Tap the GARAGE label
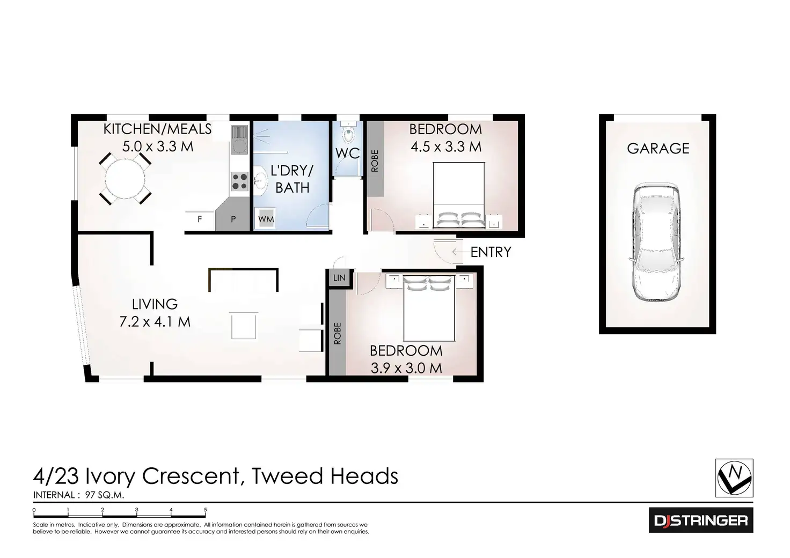click(658, 149)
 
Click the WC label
click(347, 153)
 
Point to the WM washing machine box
click(266, 219)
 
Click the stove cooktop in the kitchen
click(239, 181)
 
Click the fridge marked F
click(200, 219)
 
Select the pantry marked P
click(233, 219)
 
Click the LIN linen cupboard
click(339, 278)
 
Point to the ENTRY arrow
click(460, 252)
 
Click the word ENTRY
click(491, 252)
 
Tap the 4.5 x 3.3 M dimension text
click(446, 146)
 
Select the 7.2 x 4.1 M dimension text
click(155, 322)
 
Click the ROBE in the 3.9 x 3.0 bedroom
click(337, 333)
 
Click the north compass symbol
click(735, 478)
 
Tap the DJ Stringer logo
click(700, 520)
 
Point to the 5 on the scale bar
click(205, 510)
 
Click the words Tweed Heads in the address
click(325, 476)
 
